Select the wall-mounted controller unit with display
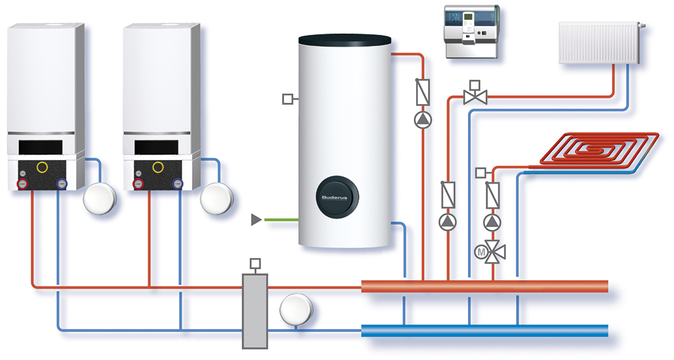(472, 32)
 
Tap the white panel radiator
(599, 43)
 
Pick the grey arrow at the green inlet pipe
(257, 219)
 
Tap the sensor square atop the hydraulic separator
(255, 263)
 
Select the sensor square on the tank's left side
(288, 99)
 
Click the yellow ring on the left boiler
(43, 166)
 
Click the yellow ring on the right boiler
(159, 166)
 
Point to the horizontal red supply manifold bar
(484, 287)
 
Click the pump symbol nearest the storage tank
(421, 119)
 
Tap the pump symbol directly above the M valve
(491, 221)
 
